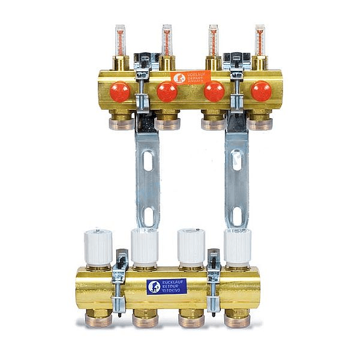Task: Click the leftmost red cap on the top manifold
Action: [x=119, y=91]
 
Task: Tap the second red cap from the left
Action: [x=167, y=91]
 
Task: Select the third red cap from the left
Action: [x=214, y=91]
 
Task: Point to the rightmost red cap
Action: [x=261, y=91]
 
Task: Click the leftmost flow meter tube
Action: [x=120, y=40]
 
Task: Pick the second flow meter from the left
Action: [x=167, y=40]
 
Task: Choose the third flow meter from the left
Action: [x=213, y=40]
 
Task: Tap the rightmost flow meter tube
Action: [x=260, y=40]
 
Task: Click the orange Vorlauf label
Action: [x=187, y=78]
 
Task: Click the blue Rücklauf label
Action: [x=167, y=286]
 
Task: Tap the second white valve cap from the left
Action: [x=145, y=247]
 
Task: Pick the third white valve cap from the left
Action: [x=191, y=247]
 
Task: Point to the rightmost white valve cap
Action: [x=238, y=247]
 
